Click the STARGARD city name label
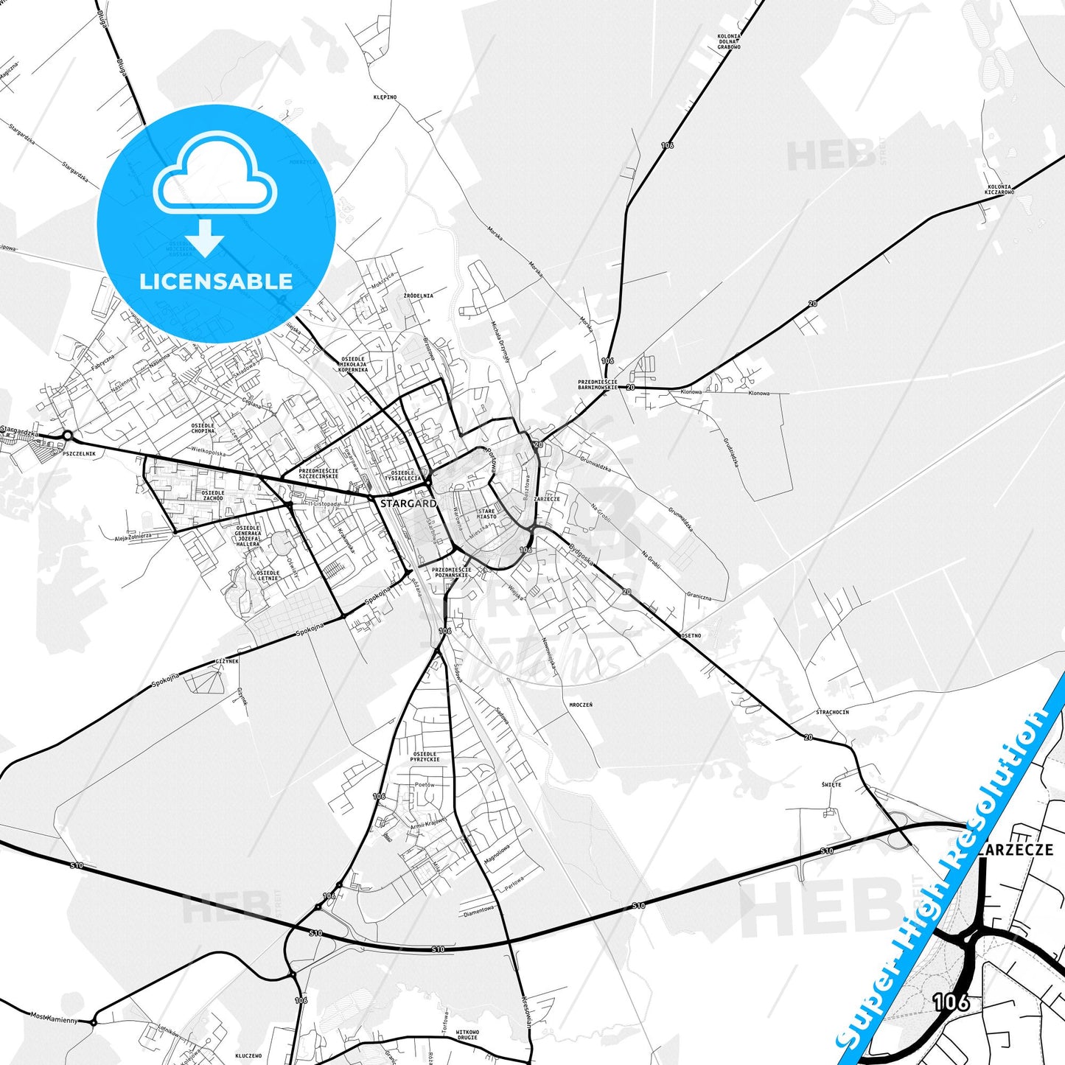(x=408, y=503)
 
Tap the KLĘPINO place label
(x=385, y=97)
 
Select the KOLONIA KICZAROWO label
(x=1001, y=189)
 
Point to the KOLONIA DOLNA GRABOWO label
(x=729, y=41)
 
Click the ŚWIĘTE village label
(x=831, y=784)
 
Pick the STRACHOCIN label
(x=832, y=712)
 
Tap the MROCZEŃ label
(x=581, y=705)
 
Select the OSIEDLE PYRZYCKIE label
(x=426, y=757)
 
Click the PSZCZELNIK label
(x=80, y=454)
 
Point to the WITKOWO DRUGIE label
(x=467, y=1035)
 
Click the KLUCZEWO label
(x=249, y=1055)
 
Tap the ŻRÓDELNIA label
(x=419, y=296)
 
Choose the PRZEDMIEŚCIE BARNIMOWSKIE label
(x=597, y=384)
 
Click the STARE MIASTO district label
(x=486, y=514)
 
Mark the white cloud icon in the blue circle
(x=215, y=175)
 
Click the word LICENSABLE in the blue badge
(x=216, y=281)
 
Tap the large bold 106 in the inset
(x=951, y=1002)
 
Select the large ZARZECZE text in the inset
(x=1017, y=850)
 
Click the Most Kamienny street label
(x=54, y=1018)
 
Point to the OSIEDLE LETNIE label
(x=268, y=576)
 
